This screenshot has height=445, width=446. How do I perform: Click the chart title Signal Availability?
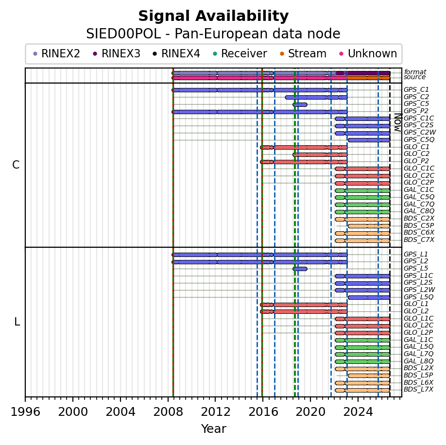pyautogui.click(x=213, y=16)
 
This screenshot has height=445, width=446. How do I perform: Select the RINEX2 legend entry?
pyautogui.click(x=57, y=53)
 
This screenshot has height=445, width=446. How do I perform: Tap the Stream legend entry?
pyautogui.click(x=303, y=53)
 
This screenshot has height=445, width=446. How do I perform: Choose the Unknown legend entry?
pyautogui.click(x=368, y=53)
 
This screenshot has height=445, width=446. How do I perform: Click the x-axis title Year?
pyautogui.click(x=214, y=428)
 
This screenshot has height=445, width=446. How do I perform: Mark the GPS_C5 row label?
pyautogui.click(x=416, y=104)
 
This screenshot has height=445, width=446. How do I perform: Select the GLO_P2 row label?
pyautogui.click(x=416, y=161)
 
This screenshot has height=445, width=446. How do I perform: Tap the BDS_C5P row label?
pyautogui.click(x=419, y=225)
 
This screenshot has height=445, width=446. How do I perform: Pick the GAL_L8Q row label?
pyautogui.click(x=418, y=361)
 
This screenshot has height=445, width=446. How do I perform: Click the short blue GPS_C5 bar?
pyautogui.click(x=300, y=104)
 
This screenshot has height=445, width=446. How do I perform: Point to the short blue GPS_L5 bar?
pyautogui.click(x=300, y=269)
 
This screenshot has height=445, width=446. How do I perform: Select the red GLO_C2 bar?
pyautogui.click(x=320, y=154)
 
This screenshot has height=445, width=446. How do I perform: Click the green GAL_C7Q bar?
pyautogui.click(x=362, y=205)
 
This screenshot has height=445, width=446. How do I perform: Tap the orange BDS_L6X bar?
pyautogui.click(x=362, y=383)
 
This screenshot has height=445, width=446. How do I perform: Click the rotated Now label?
pyautogui.click(x=398, y=122)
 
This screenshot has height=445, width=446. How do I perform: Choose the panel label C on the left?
pyautogui.click(x=16, y=165)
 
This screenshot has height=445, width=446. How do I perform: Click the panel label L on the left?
pyautogui.click(x=17, y=322)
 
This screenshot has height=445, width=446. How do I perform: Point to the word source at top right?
pyautogui.click(x=414, y=77)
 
